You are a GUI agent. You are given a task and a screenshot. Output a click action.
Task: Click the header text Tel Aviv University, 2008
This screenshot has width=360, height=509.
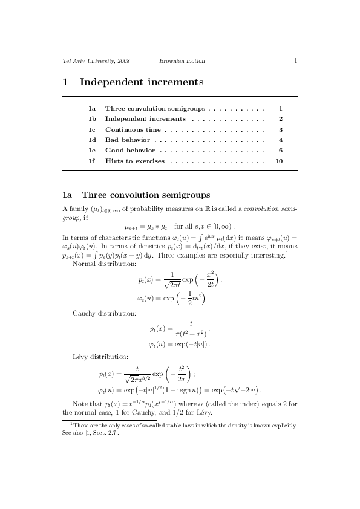click(x=96, y=61)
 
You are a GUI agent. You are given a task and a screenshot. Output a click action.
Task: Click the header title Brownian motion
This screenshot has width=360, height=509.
click(x=182, y=61)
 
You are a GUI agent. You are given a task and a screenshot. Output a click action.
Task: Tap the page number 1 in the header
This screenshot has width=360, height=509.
click(x=295, y=60)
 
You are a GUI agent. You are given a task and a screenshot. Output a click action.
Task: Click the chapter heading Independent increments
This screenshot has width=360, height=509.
click(x=141, y=82)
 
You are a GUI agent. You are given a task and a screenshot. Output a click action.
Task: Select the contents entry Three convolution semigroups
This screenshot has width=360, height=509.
click(x=155, y=109)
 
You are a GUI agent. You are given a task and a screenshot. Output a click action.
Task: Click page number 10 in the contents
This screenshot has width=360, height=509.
click(x=279, y=161)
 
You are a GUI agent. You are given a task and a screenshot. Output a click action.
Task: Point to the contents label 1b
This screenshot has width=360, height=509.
click(x=92, y=119)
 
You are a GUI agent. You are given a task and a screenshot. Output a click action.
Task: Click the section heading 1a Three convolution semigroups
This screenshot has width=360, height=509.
click(x=136, y=195)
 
